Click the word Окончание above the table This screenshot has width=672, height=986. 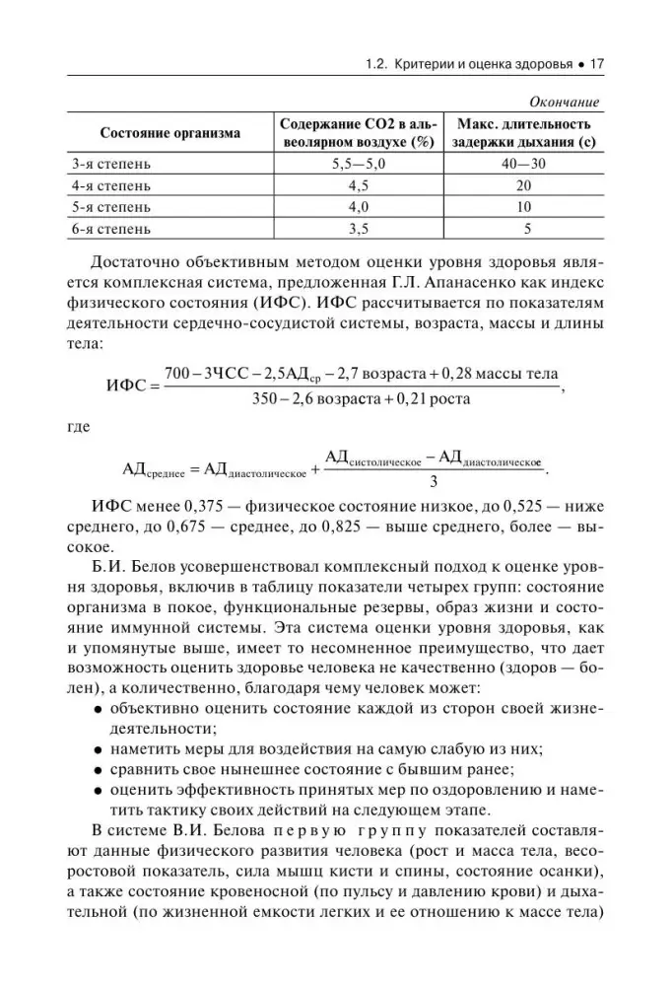point(564,103)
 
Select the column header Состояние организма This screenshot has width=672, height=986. point(169,133)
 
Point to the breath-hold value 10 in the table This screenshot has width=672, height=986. point(523,208)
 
